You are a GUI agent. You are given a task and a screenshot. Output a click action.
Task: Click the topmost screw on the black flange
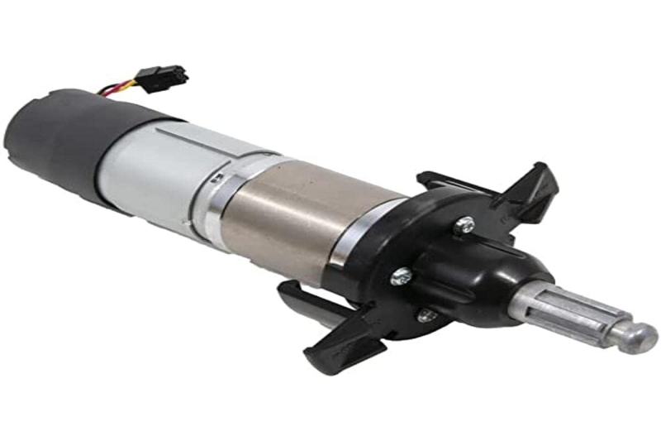(x=466, y=222)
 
